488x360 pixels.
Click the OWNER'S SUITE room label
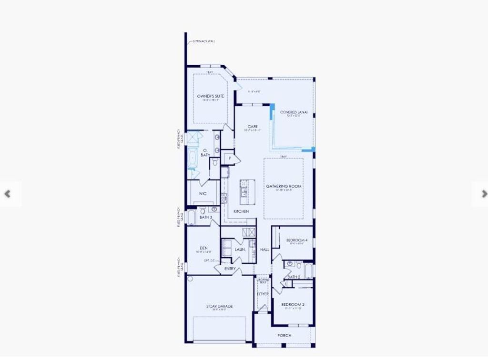(x=210, y=96)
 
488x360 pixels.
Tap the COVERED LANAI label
(x=294, y=112)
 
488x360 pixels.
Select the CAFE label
(x=253, y=127)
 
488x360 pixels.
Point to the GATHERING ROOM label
(x=284, y=186)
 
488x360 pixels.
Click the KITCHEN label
(x=241, y=211)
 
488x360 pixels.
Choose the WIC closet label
(x=203, y=194)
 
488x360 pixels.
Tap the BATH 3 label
(x=206, y=217)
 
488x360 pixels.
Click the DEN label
(x=203, y=248)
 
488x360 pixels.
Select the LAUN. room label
(x=240, y=249)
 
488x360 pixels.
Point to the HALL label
(x=264, y=249)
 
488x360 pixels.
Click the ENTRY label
(x=230, y=269)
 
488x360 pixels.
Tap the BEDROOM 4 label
(x=296, y=240)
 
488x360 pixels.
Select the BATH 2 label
(x=294, y=277)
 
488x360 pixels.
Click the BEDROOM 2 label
(x=293, y=304)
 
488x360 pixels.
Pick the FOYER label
(x=263, y=294)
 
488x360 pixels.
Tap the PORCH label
(x=284, y=335)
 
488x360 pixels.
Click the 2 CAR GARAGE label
(x=219, y=306)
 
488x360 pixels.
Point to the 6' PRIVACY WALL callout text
(x=204, y=41)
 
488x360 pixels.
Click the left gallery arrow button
(x=7, y=194)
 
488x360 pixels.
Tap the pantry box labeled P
(x=229, y=158)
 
